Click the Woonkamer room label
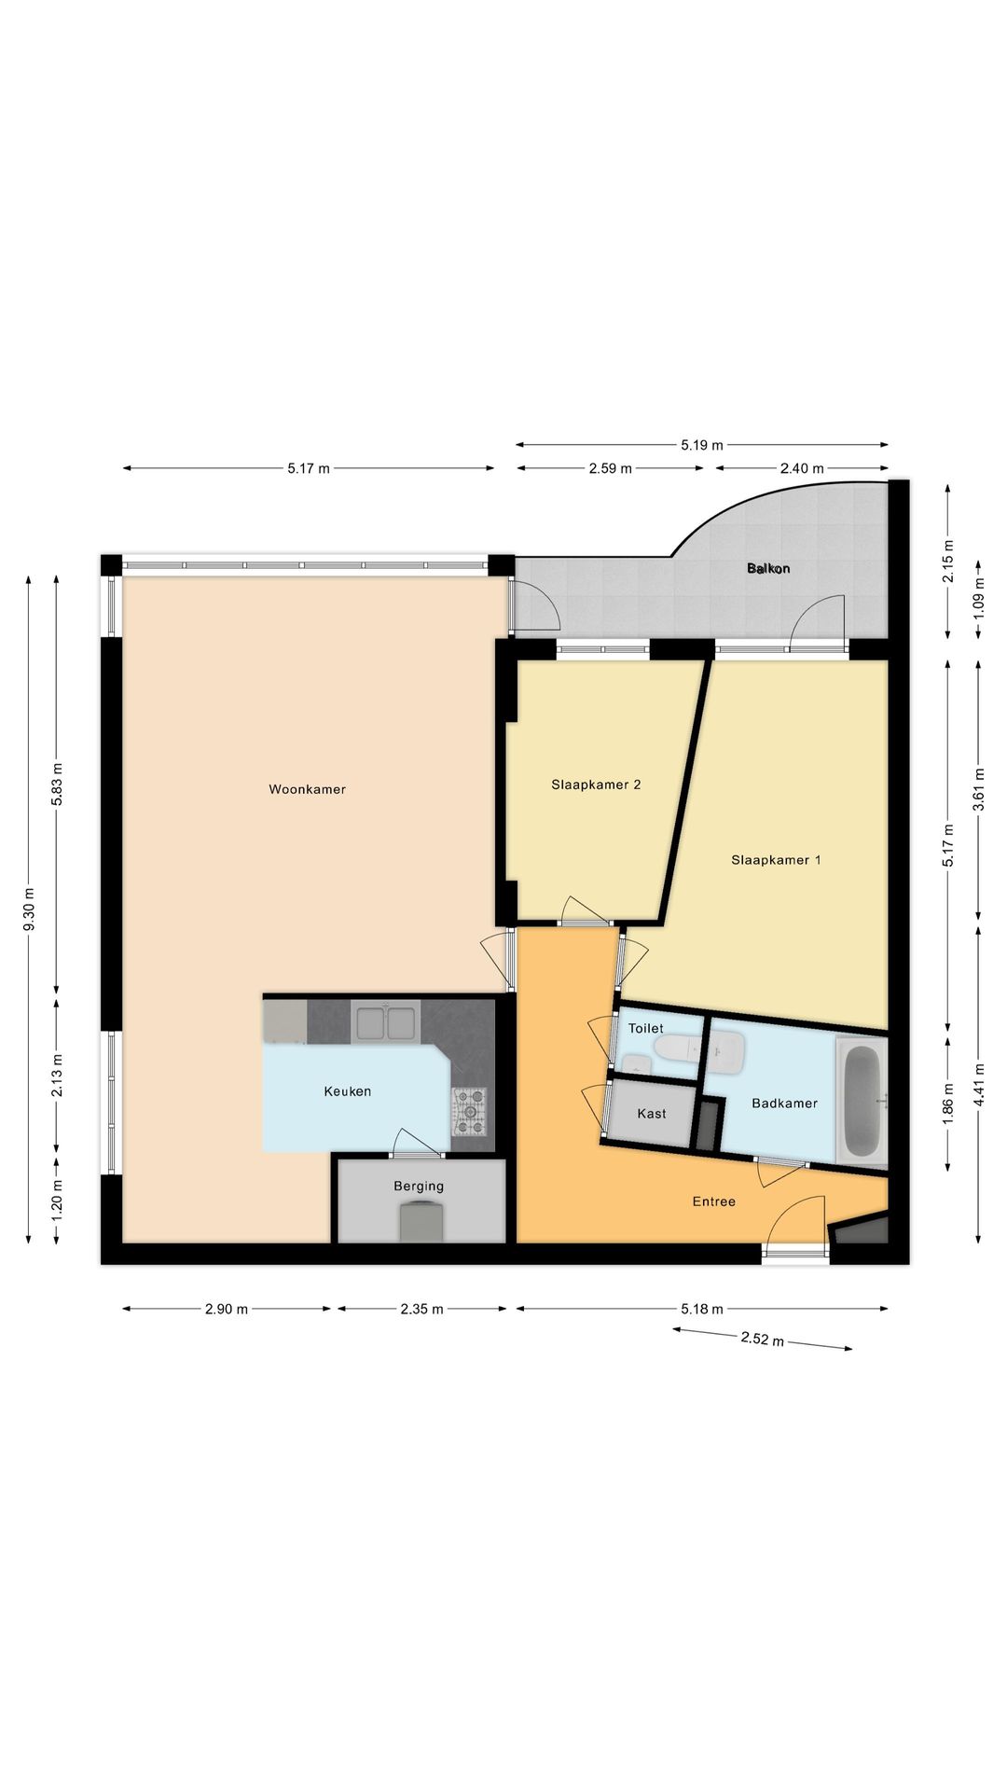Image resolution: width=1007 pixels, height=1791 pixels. [x=307, y=789]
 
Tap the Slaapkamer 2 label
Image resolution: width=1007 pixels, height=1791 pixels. [x=596, y=784]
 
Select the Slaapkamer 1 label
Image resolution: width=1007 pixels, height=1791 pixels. [x=776, y=860]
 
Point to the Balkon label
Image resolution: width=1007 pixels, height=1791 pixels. [x=768, y=568]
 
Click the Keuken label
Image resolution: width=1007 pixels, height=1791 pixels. [x=348, y=1091]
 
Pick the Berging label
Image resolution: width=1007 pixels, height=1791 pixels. [x=419, y=1187]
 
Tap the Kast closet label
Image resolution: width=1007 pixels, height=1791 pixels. [x=652, y=1114]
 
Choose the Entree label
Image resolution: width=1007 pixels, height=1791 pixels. [x=714, y=1201]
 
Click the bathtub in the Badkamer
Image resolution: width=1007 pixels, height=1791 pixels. [x=862, y=1102]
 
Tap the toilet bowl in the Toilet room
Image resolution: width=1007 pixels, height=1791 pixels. [x=678, y=1048]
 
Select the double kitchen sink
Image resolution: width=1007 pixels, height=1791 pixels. [x=386, y=1021]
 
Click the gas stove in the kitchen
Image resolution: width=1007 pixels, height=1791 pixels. [x=470, y=1111]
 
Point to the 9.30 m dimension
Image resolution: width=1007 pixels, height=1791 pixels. [x=29, y=910]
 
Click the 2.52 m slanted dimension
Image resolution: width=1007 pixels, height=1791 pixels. [x=762, y=1340]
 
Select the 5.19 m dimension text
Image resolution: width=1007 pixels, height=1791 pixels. [x=702, y=445]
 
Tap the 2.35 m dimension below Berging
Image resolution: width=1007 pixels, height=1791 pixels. [x=421, y=1309]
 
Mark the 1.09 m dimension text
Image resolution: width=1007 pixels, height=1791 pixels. [x=978, y=597]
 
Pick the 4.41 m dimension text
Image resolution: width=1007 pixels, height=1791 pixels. [x=978, y=1085]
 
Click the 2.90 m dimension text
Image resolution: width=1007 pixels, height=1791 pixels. [x=227, y=1309]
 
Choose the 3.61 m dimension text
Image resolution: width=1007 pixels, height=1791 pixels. [x=978, y=789]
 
